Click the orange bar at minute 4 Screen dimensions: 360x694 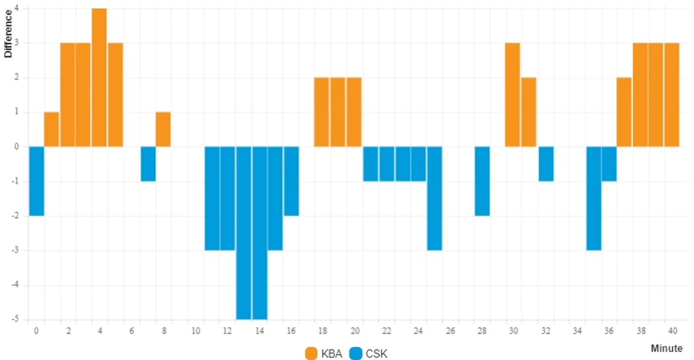click(x=99, y=78)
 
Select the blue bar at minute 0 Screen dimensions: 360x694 click(x=36, y=181)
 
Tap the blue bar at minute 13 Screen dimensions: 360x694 click(x=243, y=233)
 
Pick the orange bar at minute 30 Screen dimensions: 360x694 click(x=512, y=95)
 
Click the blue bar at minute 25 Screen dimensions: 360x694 click(x=434, y=198)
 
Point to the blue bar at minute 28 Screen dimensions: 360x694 click(x=482, y=181)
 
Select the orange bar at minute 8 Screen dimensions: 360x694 click(x=163, y=129)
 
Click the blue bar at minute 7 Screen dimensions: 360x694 click(x=148, y=164)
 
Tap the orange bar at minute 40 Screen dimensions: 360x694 click(x=672, y=95)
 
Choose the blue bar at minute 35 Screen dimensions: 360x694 click(x=593, y=198)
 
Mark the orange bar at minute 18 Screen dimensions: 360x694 click(x=322, y=112)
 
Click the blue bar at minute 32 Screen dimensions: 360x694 click(x=546, y=164)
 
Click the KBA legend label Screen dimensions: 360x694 click(x=331, y=354)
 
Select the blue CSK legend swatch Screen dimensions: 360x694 click(x=356, y=354)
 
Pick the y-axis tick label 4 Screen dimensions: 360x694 click(x=17, y=9)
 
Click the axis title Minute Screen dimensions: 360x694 click(x=666, y=349)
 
